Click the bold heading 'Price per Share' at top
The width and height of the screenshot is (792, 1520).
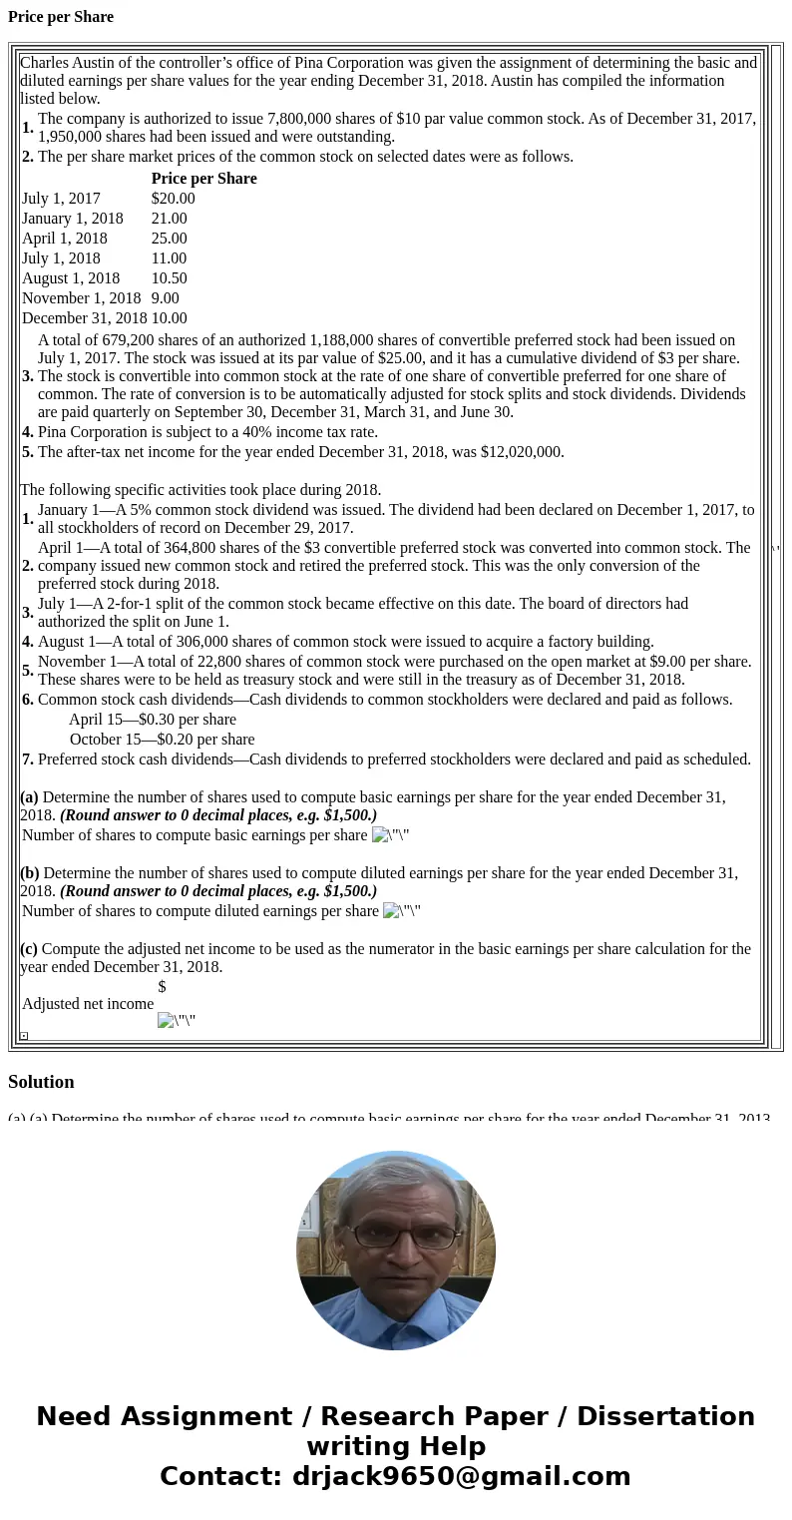tap(61, 17)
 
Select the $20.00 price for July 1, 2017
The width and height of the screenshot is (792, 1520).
tap(173, 199)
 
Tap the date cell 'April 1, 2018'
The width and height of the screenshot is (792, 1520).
tap(65, 239)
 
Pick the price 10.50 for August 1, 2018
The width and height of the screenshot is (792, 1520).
tap(169, 278)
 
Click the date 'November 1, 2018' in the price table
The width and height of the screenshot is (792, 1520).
tap(82, 298)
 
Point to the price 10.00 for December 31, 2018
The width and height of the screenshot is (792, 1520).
tap(169, 318)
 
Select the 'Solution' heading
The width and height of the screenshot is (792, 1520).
tap(41, 1082)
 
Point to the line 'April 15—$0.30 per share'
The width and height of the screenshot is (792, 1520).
tap(153, 720)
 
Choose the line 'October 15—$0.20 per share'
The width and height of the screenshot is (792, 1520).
tap(162, 740)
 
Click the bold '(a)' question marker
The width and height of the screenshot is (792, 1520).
tap(29, 797)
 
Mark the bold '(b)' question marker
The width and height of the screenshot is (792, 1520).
tap(29, 873)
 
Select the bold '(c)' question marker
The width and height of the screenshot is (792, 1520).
tap(29, 949)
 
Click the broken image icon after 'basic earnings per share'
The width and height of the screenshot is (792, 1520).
tap(380, 835)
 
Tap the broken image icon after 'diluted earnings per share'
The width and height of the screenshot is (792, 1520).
tap(391, 911)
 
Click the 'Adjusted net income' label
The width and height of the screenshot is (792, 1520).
tap(88, 1004)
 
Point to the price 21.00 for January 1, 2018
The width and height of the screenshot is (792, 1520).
tap(169, 219)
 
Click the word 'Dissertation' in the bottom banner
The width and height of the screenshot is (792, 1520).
tap(665, 1416)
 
